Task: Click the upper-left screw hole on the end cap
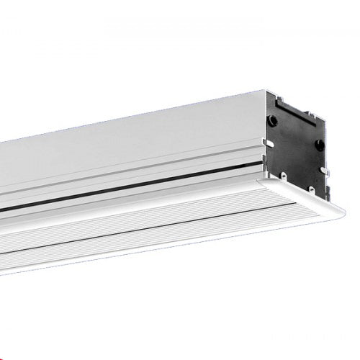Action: coord(273,121)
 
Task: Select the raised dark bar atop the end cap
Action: coord(294,108)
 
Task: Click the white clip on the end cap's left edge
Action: coord(268,143)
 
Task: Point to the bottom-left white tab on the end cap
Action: coord(284,176)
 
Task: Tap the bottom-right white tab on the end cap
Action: coord(312,189)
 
